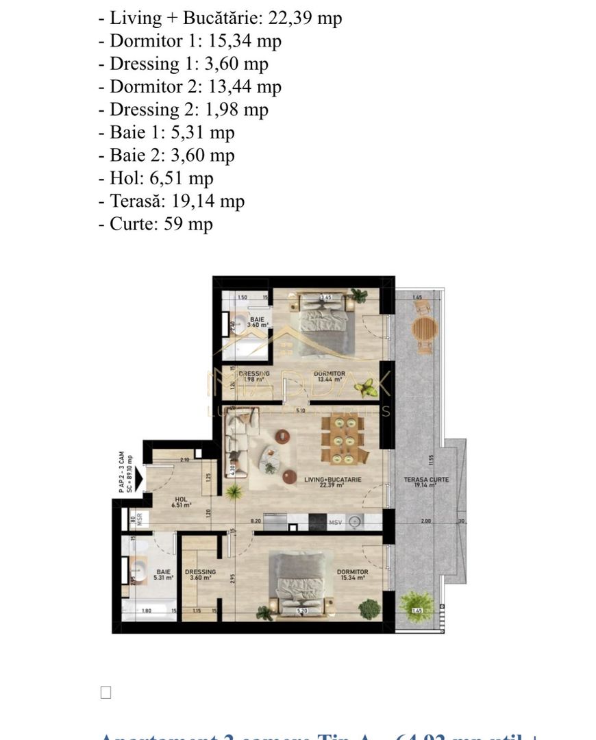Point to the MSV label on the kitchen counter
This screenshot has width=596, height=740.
335,523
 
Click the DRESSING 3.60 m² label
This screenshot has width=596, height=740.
200,575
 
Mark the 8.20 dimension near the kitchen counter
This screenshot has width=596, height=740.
256,521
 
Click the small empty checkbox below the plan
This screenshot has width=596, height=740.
105,693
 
